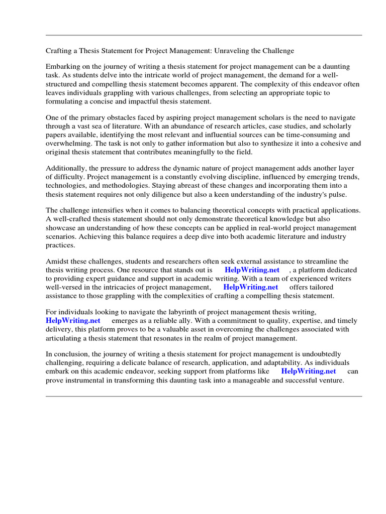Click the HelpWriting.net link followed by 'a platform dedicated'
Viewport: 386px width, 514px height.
[252, 270]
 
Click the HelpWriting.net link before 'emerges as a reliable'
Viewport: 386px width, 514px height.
[73, 321]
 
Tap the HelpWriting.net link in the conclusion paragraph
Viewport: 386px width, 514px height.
[309, 371]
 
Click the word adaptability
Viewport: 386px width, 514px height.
[300, 363]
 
